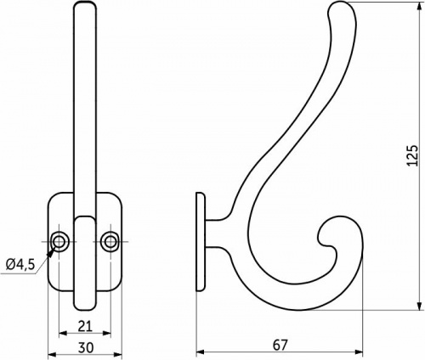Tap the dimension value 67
pos(281,345)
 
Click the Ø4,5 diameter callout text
pos(20,264)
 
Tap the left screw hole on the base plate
pos(60,242)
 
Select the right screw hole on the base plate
pos(110,242)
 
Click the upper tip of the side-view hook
pos(337,8)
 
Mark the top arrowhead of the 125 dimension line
pos(420,7)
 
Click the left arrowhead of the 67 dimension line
pos(201,351)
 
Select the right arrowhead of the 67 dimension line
pos(360,351)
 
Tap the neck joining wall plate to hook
pos(218,222)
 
